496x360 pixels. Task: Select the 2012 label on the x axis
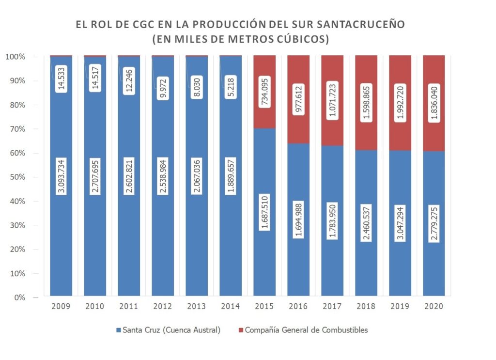(x=163, y=306)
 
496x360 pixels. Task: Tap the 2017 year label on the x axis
(x=332, y=306)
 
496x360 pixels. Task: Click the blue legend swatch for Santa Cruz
(x=120, y=330)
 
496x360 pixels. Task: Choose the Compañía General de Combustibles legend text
(x=307, y=330)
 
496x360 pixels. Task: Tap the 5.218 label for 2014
(x=231, y=79)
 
